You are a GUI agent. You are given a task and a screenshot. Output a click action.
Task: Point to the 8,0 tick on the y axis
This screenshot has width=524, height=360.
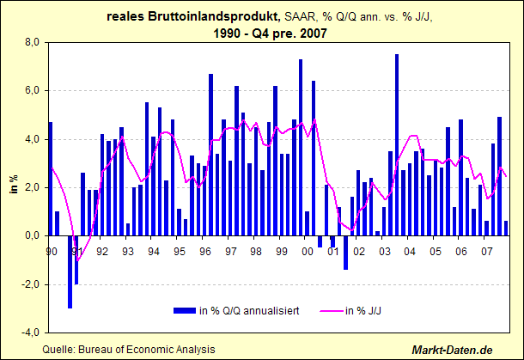coord(33,42)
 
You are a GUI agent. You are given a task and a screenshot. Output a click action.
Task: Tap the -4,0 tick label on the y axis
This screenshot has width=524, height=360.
coord(32,332)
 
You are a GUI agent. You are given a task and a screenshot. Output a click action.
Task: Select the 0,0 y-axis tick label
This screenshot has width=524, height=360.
coord(33,235)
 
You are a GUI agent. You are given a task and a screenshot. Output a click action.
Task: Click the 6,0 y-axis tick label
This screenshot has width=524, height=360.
coord(33,90)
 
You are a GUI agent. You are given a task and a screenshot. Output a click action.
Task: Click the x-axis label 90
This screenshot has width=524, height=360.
coord(52,251)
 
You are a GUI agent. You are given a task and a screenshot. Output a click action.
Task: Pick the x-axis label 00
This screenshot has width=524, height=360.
coord(307,251)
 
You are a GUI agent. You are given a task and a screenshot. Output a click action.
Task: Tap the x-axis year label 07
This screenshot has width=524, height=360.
coord(486,251)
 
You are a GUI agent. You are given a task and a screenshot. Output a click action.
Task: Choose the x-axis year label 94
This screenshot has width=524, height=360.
coord(154,251)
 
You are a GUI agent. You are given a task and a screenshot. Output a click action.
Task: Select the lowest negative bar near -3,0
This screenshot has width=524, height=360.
coord(70,272)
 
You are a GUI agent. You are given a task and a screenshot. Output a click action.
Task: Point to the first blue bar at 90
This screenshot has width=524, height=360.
coord(51,179)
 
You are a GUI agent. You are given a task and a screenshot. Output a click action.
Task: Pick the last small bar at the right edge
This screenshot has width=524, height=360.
coord(506,229)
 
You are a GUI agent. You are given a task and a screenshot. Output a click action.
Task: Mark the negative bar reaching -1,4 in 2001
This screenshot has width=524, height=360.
coord(345,253)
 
